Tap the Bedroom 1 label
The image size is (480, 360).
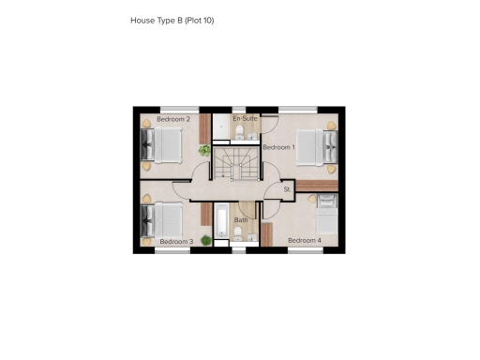coord(278,148)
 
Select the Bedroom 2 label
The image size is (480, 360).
coord(173,119)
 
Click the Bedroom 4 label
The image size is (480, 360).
coord(305,241)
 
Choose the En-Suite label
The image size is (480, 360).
coord(245,119)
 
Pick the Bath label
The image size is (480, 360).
coord(241,220)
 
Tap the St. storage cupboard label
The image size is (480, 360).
coord(288,189)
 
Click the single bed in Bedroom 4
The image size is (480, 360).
coord(327,217)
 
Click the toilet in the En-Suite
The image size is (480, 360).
coord(240,132)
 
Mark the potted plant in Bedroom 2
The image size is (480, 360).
coord(204,149)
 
